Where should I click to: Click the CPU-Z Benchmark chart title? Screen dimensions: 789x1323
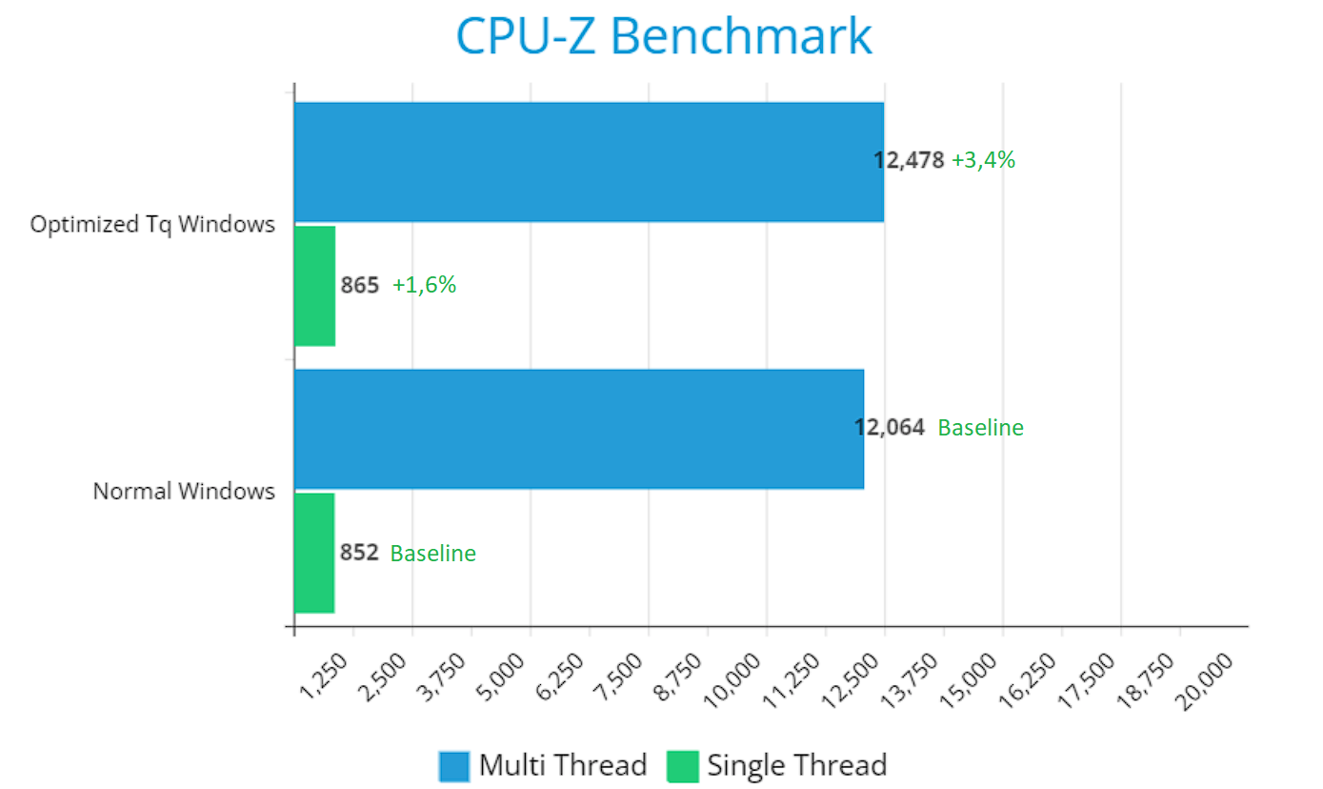pyautogui.click(x=663, y=37)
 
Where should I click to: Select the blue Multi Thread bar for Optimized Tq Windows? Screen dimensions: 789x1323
pyautogui.click(x=589, y=162)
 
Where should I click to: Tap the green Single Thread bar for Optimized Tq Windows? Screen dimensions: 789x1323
pyautogui.click(x=314, y=286)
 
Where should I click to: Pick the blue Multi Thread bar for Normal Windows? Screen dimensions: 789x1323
pyautogui.click(x=579, y=429)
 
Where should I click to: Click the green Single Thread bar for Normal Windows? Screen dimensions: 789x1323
pyautogui.click(x=314, y=553)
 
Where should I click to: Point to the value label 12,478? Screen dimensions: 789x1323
pyautogui.click(x=910, y=161)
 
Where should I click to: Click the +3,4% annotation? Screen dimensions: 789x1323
pyautogui.click(x=983, y=161)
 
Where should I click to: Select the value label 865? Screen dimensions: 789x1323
pyautogui.click(x=360, y=285)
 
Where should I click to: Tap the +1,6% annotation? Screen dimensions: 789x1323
pyautogui.click(x=424, y=285)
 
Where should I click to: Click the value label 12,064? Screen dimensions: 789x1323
pyautogui.click(x=890, y=428)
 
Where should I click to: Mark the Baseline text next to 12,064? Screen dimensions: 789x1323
pyautogui.click(x=980, y=428)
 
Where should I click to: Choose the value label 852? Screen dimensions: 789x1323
pyautogui.click(x=360, y=553)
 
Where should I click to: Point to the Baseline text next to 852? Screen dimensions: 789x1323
pyautogui.click(x=432, y=553)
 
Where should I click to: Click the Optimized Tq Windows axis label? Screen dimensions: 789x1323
pyautogui.click(x=152, y=225)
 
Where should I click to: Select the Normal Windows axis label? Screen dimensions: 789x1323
pyautogui.click(x=184, y=492)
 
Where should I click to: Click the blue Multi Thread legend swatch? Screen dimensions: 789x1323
pyautogui.click(x=454, y=765)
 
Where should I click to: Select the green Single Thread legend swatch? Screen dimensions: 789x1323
pyautogui.click(x=682, y=765)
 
